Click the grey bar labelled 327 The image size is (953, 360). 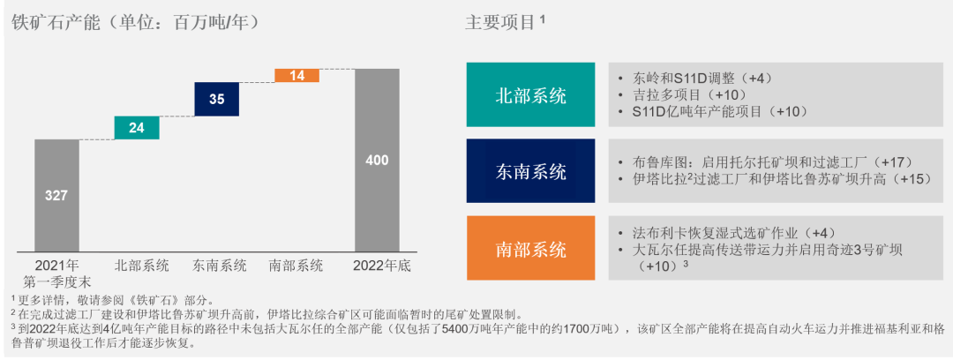(56, 195)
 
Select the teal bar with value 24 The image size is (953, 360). (137, 128)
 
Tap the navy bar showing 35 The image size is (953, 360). (217, 99)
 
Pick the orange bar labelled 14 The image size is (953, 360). (297, 76)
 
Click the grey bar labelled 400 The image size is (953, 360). (377, 160)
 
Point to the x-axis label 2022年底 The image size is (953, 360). (380, 265)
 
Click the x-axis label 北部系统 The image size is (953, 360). (141, 265)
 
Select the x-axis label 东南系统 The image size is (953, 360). (220, 265)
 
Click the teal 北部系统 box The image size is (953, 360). (530, 95)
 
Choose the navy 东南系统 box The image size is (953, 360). (530, 171)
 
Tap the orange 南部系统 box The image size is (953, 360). (530, 248)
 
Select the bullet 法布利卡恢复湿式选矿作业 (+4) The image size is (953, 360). (727, 232)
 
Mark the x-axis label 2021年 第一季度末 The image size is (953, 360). (56, 273)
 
